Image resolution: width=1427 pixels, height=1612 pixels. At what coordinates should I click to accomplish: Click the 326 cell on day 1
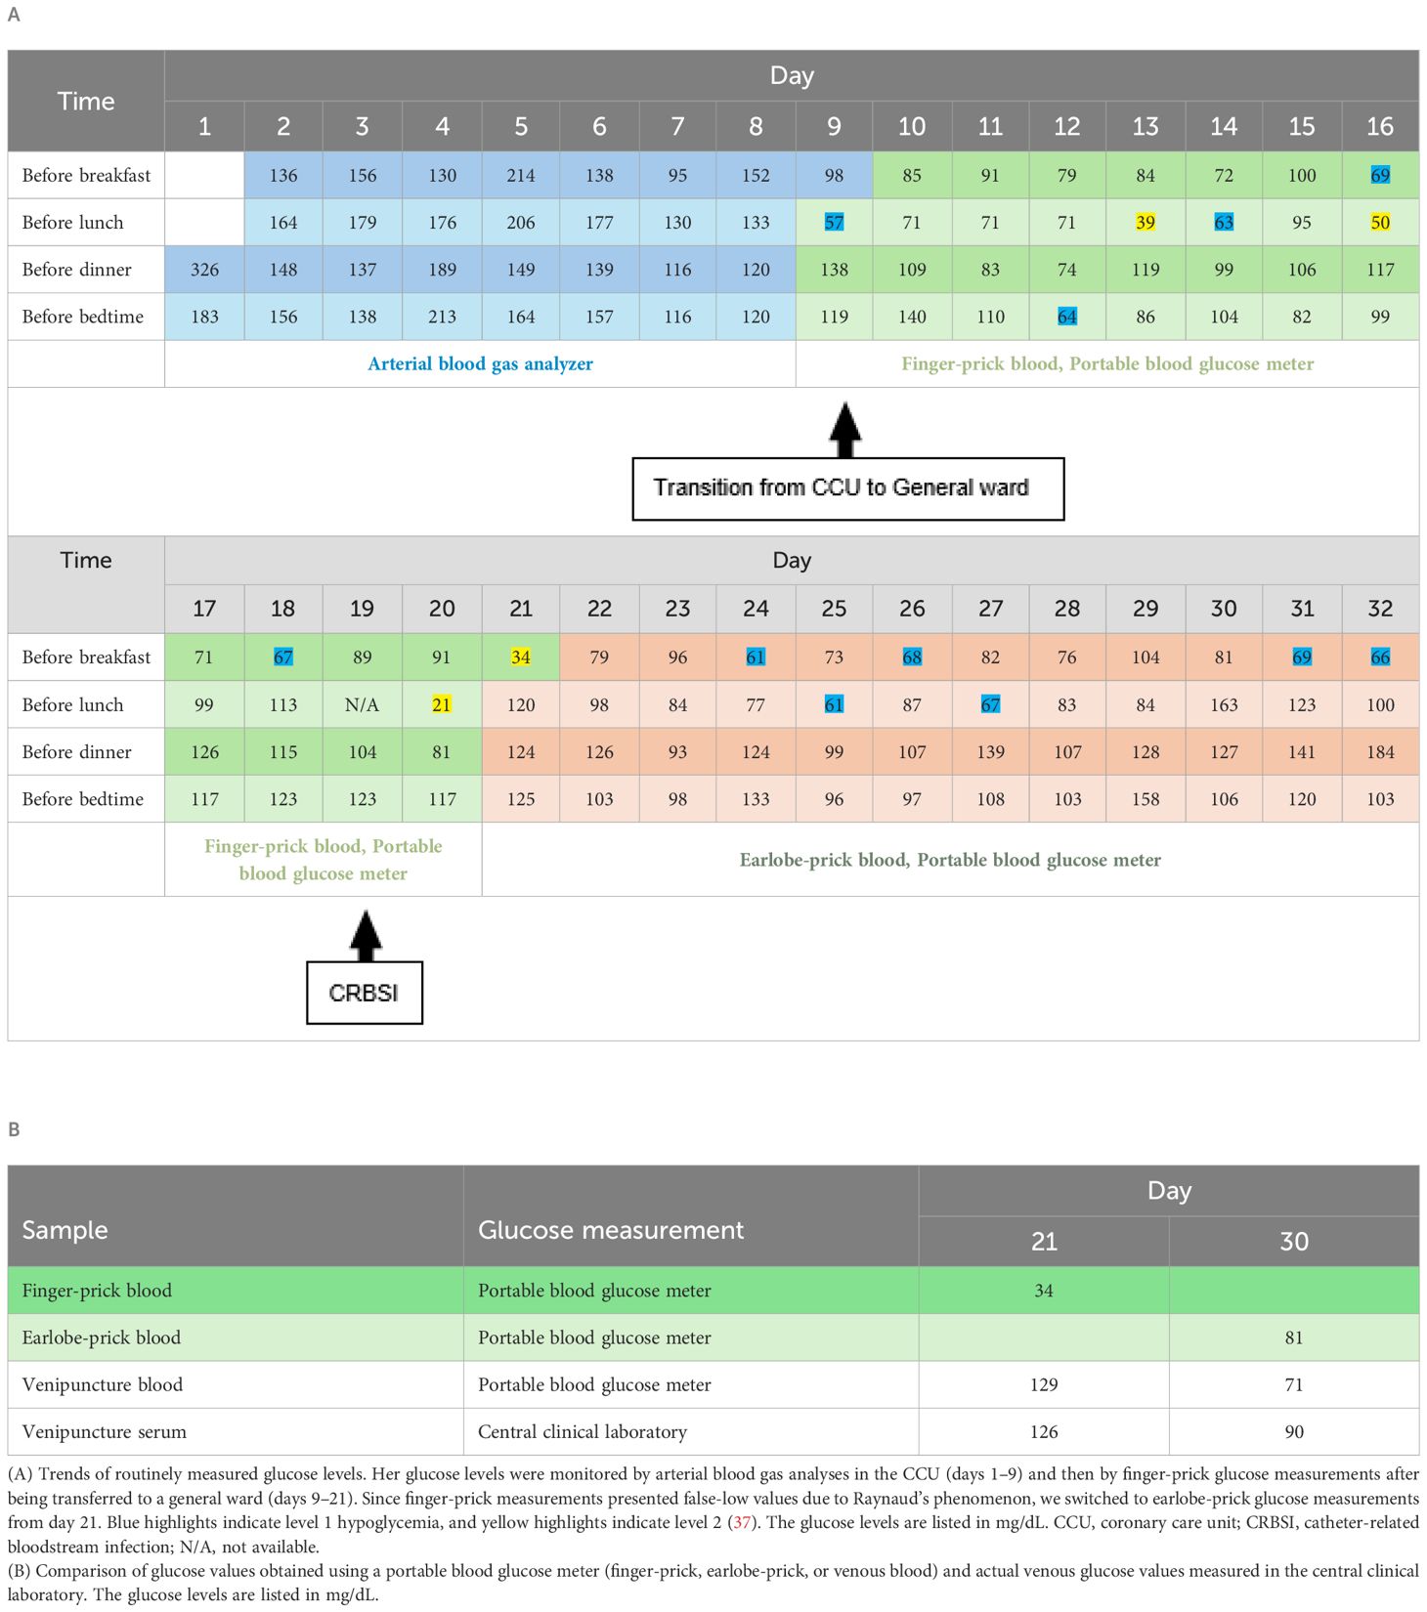click(x=204, y=270)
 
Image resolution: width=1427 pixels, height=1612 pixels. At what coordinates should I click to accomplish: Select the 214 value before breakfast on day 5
click(x=521, y=176)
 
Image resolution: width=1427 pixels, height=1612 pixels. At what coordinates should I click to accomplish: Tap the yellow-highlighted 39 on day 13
click(x=1146, y=223)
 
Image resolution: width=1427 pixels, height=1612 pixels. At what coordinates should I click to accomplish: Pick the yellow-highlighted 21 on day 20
click(x=442, y=704)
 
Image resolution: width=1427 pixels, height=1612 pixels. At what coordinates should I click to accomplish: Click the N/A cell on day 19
click(x=362, y=704)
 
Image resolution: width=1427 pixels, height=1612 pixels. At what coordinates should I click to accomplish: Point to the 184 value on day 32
click(x=1380, y=752)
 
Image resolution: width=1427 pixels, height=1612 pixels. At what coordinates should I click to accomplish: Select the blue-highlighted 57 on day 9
click(x=834, y=223)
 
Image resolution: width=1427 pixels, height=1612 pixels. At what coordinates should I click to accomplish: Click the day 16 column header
click(x=1380, y=126)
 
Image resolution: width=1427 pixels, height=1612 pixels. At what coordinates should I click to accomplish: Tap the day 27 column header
click(x=990, y=609)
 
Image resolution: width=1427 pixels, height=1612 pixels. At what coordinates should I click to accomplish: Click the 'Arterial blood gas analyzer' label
click(x=480, y=364)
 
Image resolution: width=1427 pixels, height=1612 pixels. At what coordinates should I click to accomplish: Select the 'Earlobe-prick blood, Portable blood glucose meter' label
click(x=950, y=861)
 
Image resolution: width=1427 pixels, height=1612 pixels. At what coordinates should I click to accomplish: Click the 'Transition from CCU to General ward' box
click(x=847, y=488)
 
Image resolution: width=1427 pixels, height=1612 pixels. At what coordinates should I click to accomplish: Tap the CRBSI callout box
click(x=364, y=994)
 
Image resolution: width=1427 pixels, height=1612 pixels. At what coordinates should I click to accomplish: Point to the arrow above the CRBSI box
click(x=365, y=935)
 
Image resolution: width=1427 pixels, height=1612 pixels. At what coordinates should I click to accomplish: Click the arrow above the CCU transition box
click(x=845, y=430)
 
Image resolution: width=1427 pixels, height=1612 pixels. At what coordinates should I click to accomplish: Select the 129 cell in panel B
click(x=1044, y=1385)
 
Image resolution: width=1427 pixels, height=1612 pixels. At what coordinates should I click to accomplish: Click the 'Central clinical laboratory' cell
click(x=583, y=1432)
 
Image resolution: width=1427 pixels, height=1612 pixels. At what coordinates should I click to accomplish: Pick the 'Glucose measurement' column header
click(x=611, y=1230)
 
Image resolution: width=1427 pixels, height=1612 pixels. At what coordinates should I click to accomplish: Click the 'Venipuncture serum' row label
click(x=104, y=1432)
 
